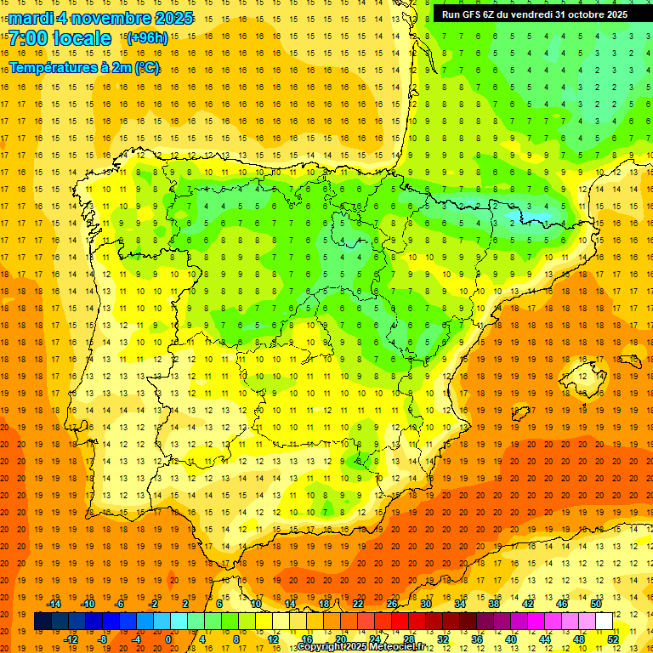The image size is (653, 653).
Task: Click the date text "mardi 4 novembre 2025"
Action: (101, 18)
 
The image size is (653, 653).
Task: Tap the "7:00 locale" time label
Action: (60, 38)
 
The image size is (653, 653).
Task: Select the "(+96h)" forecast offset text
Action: (147, 38)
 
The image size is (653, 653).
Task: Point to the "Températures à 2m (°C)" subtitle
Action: (84, 67)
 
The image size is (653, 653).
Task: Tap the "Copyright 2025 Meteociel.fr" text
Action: (361, 647)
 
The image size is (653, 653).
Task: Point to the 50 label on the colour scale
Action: (596, 604)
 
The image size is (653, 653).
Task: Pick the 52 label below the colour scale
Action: (612, 639)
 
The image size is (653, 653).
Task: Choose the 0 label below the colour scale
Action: (169, 639)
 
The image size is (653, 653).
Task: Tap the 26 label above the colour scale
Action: (392, 604)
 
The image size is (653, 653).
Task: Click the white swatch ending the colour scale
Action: (605, 622)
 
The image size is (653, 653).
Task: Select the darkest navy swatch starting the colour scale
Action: (43, 622)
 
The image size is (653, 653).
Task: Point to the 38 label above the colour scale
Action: (494, 604)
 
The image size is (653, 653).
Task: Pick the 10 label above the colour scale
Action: (256, 604)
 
